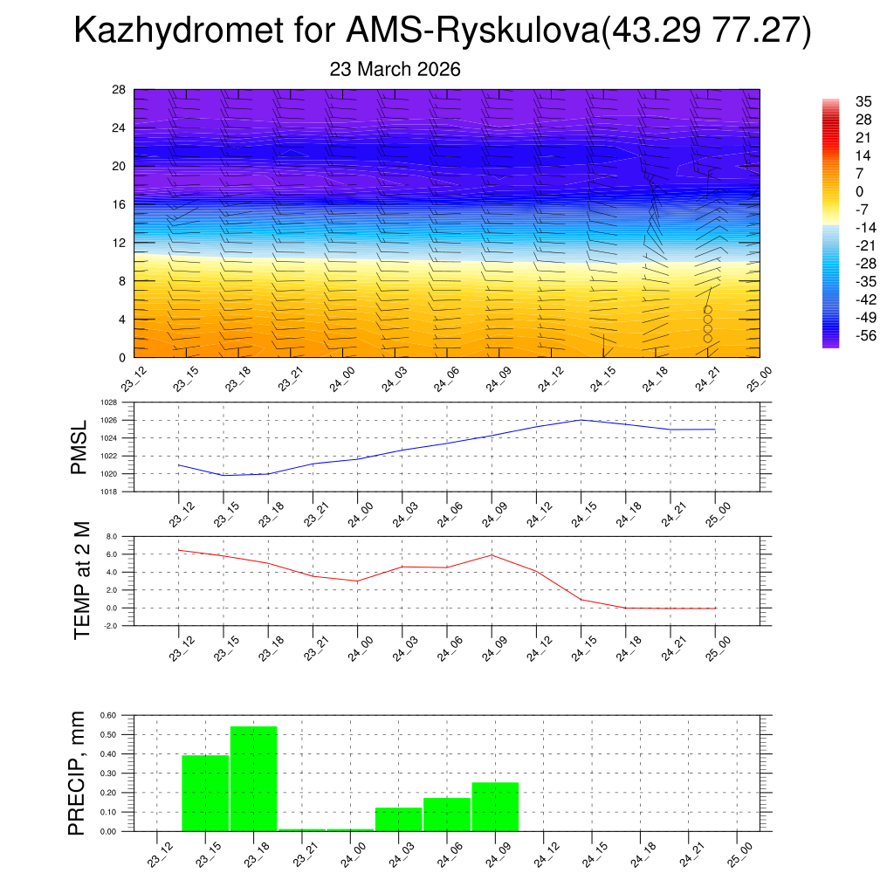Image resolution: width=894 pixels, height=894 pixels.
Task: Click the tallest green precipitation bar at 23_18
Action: coord(254,778)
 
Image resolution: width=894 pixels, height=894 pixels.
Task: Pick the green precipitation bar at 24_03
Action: coord(398,819)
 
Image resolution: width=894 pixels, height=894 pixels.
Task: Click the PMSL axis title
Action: coord(79,448)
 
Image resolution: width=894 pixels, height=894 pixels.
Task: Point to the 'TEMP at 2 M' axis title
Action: coord(81,581)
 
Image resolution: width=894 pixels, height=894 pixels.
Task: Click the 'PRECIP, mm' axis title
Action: coord(79,773)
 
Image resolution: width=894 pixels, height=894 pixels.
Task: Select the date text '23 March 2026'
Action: coord(395,69)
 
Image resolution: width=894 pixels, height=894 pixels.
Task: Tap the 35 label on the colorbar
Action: coord(839,101)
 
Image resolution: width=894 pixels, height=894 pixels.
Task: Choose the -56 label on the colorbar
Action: coord(842,335)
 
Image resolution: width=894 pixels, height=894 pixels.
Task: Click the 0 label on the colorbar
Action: coord(835,191)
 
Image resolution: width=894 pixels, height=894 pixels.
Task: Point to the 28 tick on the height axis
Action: coord(119,89)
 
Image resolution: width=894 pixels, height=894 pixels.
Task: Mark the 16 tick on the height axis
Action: coord(119,204)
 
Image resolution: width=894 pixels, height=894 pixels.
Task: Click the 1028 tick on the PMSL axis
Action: coord(108,402)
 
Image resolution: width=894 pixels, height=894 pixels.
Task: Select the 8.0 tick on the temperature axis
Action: coord(111,536)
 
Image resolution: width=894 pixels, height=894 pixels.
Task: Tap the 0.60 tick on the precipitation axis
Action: coord(107,714)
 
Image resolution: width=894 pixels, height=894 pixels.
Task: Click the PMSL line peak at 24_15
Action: coord(581,420)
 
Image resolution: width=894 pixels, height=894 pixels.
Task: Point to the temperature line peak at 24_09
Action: coord(492,554)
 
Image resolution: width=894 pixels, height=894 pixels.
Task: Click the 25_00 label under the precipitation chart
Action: coord(739,852)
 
